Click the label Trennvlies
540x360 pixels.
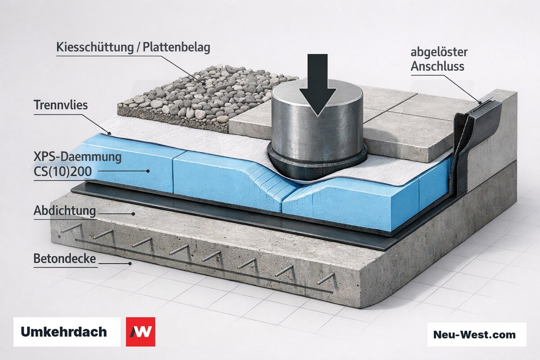(x=61, y=105)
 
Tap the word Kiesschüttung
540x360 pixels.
(x=95, y=47)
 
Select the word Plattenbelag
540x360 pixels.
(x=176, y=47)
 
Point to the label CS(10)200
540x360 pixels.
(x=63, y=171)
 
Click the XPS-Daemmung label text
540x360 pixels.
(x=77, y=157)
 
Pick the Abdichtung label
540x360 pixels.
(x=65, y=211)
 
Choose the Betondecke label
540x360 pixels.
(x=65, y=258)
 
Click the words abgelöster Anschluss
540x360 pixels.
(x=439, y=59)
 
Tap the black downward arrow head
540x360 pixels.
(x=318, y=102)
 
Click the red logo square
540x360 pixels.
(x=140, y=332)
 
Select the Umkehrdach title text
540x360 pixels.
(x=64, y=332)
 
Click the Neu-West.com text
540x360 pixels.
(x=474, y=334)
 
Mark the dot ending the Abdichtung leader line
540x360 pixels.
(x=133, y=214)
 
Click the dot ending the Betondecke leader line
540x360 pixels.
(x=130, y=264)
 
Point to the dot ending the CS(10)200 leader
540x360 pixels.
(x=148, y=171)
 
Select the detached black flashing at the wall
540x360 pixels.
(x=472, y=135)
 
